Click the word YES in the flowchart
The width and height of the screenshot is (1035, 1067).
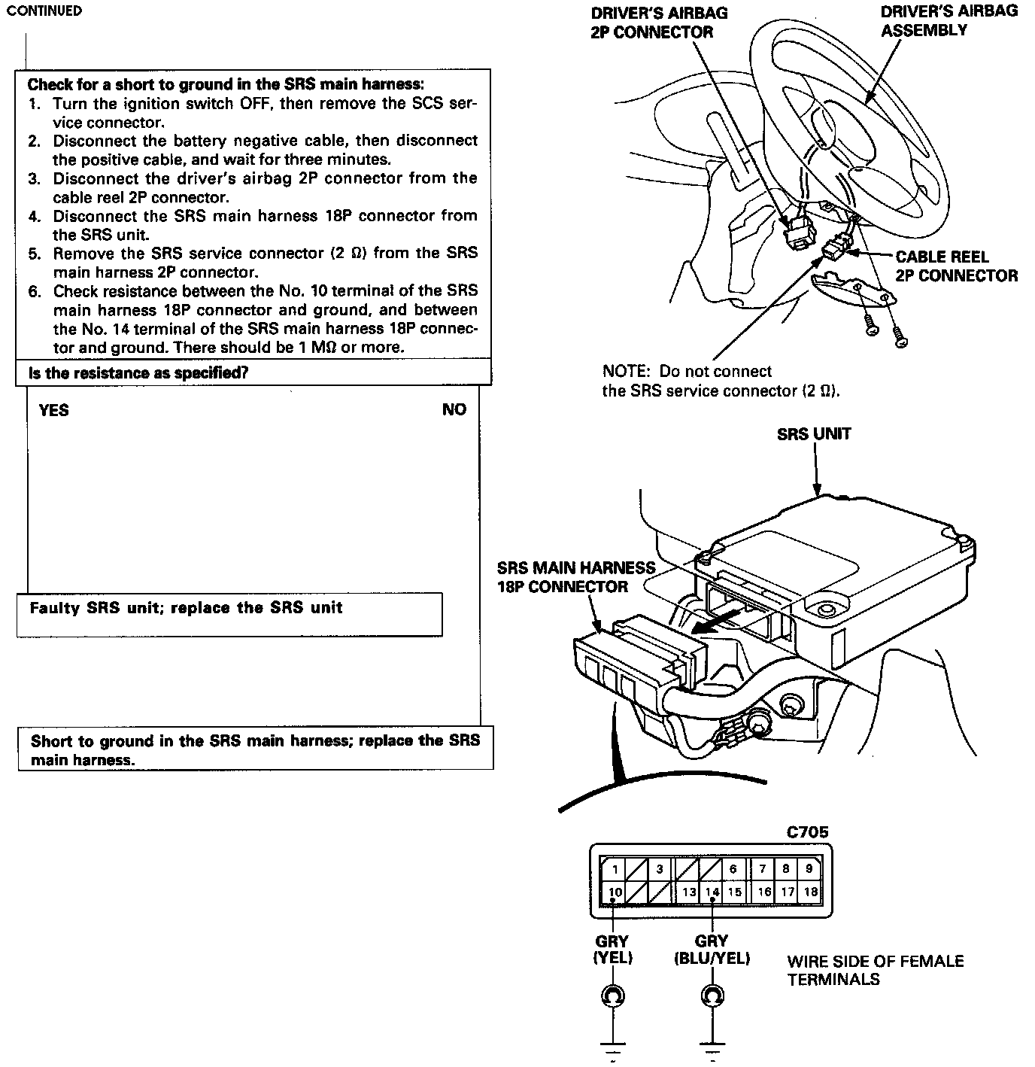pyautogui.click(x=53, y=410)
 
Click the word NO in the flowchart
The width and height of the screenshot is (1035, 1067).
pyautogui.click(x=454, y=410)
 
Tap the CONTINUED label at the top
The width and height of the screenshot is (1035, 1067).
pyautogui.click(x=44, y=11)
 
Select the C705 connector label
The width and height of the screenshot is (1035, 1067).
pyautogui.click(x=807, y=832)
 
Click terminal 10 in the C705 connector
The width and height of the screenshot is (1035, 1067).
pyautogui.click(x=616, y=892)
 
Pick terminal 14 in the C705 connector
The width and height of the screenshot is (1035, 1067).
pyautogui.click(x=712, y=892)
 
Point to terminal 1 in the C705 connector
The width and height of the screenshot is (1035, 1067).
pyautogui.click(x=615, y=869)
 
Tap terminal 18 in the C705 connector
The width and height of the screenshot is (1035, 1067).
pyautogui.click(x=810, y=892)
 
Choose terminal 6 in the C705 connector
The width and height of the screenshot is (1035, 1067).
pyautogui.click(x=733, y=869)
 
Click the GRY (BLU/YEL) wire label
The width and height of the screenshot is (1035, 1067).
pyautogui.click(x=712, y=950)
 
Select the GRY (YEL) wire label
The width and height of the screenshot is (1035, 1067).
pyautogui.click(x=612, y=950)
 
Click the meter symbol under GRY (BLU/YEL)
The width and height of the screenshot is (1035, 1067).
pyautogui.click(x=712, y=996)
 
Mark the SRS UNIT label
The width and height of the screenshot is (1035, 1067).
pyautogui.click(x=814, y=434)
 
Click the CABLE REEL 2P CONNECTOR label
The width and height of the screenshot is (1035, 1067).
pyautogui.click(x=955, y=266)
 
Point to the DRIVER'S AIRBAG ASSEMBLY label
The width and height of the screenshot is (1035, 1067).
pyautogui.click(x=948, y=21)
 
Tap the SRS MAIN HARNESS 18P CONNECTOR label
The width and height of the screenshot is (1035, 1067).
pyautogui.click(x=576, y=577)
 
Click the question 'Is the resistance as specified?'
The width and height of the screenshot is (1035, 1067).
pyautogui.click(x=138, y=373)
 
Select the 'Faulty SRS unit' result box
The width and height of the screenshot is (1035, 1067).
pyautogui.click(x=229, y=614)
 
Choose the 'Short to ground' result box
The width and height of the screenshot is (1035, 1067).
pyautogui.click(x=255, y=749)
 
